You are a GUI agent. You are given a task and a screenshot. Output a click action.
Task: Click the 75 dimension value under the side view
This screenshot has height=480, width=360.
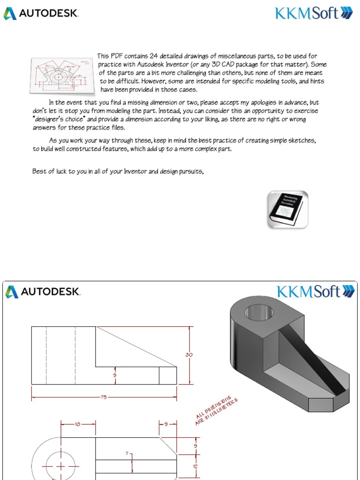(x=104, y=397)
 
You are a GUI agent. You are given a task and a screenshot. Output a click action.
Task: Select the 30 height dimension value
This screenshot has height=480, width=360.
(x=189, y=355)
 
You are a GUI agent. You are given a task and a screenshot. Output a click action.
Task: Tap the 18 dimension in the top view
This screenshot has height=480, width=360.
(x=78, y=424)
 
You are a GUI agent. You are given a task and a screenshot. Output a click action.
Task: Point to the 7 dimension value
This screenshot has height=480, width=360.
(x=127, y=454)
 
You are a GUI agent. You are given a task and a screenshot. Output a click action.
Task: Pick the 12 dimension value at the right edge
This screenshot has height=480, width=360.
(x=195, y=466)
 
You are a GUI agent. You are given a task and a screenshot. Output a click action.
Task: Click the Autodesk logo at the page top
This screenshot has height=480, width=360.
(x=41, y=13)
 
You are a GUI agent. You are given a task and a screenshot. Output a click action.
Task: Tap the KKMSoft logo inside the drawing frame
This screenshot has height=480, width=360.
(x=315, y=292)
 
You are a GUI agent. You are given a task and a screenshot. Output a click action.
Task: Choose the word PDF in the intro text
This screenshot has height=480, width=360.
(x=117, y=56)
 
